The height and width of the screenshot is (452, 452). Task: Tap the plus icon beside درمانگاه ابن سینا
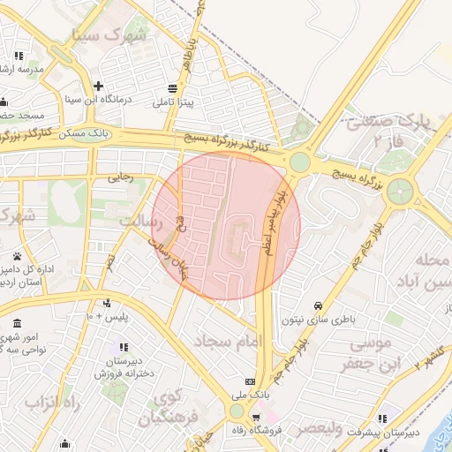pyautogui.click(x=98, y=87)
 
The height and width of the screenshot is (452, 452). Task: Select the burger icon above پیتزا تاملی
pyautogui.click(x=171, y=88)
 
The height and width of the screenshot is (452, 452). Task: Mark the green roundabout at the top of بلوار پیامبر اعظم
pyautogui.click(x=300, y=162)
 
